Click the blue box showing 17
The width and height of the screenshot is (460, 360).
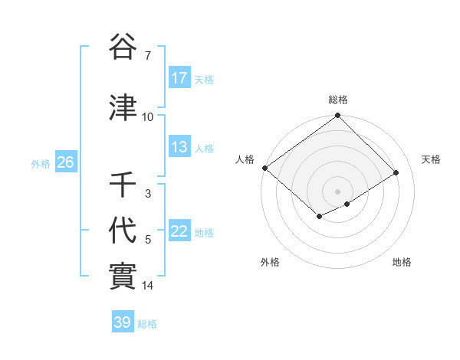pos(179,78)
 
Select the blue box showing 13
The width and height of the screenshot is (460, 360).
pos(179,147)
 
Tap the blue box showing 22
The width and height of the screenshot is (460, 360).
pos(179,231)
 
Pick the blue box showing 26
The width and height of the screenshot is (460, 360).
pos(65,162)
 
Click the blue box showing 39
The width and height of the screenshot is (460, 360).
pos(123,322)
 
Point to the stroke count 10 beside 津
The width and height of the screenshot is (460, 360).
pos(148,117)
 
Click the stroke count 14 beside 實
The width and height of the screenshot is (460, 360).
pos(148,286)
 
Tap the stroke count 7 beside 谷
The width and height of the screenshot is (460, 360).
pos(148,56)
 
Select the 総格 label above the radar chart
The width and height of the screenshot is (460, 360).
pos(338,100)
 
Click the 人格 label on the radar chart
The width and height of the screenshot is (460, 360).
pos(245,159)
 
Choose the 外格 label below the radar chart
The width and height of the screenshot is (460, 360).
pos(270,262)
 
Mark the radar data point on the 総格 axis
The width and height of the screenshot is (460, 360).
pos(338,116)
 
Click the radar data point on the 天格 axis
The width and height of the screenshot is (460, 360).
pos(396,173)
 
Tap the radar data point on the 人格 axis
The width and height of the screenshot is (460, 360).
pos(264,168)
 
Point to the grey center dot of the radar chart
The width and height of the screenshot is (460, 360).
pos(338,191)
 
